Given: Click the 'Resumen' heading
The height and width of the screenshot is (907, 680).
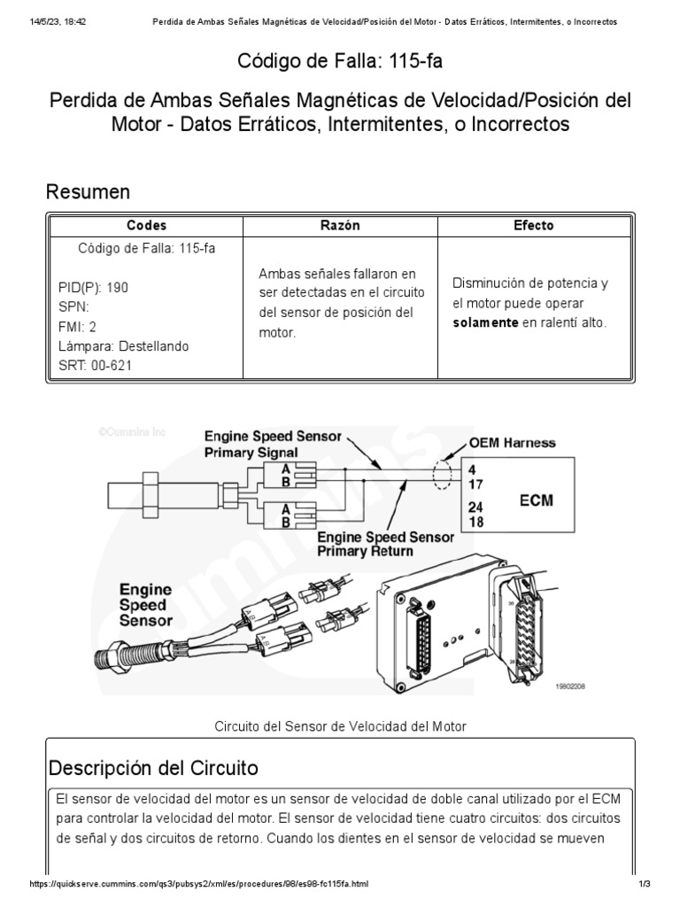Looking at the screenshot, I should pos(88,191).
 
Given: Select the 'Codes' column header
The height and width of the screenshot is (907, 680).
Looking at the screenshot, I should pos(146,226).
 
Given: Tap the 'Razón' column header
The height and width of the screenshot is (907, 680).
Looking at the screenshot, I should pos(340,226).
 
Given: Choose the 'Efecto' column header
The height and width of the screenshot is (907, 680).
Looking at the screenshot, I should pos(534,226).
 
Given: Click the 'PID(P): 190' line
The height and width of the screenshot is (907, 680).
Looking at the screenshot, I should pos(92,288).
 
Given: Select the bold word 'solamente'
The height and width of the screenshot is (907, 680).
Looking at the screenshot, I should pos(485,322).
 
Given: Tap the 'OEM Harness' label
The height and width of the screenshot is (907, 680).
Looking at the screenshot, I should pos(513,443).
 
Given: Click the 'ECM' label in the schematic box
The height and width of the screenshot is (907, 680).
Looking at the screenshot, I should pos(536,500).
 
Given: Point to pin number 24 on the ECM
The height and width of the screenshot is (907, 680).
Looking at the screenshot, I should pos(475,508).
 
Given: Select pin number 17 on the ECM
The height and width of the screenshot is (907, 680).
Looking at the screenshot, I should pos(475,484).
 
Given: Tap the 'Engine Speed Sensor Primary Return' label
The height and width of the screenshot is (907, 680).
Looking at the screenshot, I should pos(385,544).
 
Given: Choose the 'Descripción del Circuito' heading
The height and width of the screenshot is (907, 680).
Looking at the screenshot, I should pos(153,766).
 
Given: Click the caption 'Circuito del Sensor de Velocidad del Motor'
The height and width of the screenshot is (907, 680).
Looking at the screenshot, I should pos(340,726).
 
